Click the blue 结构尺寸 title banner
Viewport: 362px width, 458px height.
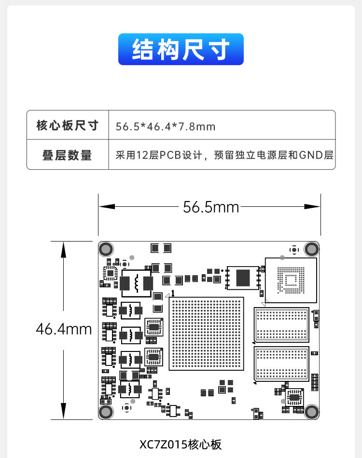(181, 49)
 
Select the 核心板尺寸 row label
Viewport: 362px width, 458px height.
(68, 126)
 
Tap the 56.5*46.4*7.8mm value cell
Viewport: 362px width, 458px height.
(166, 126)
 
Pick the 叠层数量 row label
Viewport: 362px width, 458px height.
(68, 155)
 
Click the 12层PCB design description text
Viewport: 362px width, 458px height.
(224, 155)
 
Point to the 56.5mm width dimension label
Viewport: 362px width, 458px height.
(211, 207)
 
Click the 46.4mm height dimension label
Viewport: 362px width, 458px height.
(64, 329)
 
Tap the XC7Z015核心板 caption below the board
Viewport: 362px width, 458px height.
(181, 444)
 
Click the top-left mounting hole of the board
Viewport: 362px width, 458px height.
(106, 249)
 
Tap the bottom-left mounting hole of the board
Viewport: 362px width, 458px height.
(106, 412)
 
